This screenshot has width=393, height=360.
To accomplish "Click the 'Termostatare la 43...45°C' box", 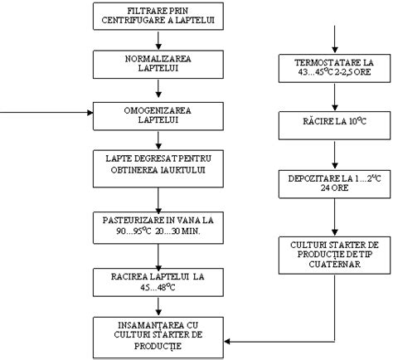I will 334,68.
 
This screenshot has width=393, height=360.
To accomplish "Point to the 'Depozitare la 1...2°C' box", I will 334,182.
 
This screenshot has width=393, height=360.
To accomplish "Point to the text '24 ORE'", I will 334,187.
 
